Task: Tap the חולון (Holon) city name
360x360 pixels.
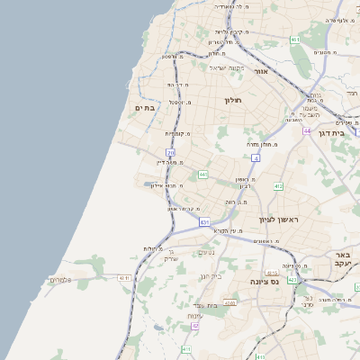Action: (x=237, y=100)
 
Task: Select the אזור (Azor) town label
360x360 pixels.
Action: (x=262, y=71)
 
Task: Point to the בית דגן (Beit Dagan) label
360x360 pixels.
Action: (x=332, y=132)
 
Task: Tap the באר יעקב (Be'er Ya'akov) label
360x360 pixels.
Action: (x=342, y=259)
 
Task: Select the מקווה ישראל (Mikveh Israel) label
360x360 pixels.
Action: (x=227, y=67)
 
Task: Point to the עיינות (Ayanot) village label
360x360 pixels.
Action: (x=195, y=316)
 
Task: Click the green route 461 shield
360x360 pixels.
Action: (x=295, y=40)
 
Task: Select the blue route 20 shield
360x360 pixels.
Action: (x=171, y=152)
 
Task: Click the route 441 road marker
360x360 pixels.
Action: (x=204, y=174)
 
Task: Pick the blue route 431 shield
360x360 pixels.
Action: (x=205, y=221)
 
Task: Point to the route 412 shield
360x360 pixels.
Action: (x=278, y=186)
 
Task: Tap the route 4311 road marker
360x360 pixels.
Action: (x=230, y=302)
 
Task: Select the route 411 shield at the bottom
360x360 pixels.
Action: (x=185, y=349)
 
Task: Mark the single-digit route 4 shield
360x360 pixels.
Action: (x=256, y=157)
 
